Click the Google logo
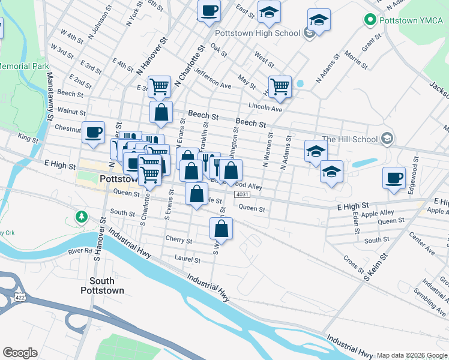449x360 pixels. tap(20, 353)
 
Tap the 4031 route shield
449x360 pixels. tap(242, 195)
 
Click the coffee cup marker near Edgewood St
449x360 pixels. tap(394, 178)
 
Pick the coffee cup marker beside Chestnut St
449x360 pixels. tap(93, 131)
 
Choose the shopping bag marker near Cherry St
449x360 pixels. tap(221, 228)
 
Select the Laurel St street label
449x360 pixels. tap(187, 260)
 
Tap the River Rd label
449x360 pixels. tap(80, 251)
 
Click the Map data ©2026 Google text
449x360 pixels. tap(412, 355)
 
